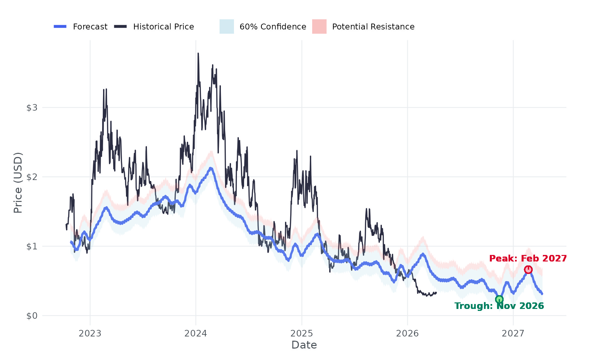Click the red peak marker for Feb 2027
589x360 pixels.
click(x=528, y=270)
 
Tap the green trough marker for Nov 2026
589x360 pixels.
click(x=499, y=299)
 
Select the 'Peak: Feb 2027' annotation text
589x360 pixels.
click(x=528, y=259)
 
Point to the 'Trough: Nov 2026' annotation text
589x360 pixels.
click(x=499, y=306)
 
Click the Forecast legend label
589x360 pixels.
click(x=90, y=27)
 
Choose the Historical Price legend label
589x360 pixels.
click(x=163, y=27)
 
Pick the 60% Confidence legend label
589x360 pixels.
click(x=273, y=27)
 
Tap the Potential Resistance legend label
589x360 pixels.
click(x=373, y=27)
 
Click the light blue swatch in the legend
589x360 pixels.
click(x=227, y=27)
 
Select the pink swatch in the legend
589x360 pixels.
click(x=319, y=27)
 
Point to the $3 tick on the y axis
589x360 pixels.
click(x=32, y=108)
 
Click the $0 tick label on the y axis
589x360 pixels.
click(x=32, y=316)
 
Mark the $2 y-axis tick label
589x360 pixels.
click(x=32, y=177)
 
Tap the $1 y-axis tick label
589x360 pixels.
click(x=32, y=246)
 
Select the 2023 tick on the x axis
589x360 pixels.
click(x=90, y=333)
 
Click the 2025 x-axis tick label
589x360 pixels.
click(x=302, y=333)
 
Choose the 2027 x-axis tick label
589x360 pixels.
click(x=513, y=333)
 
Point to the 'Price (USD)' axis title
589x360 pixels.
click(x=18, y=183)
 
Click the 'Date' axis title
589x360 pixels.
click(x=304, y=345)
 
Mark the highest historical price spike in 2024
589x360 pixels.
click(x=198, y=54)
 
